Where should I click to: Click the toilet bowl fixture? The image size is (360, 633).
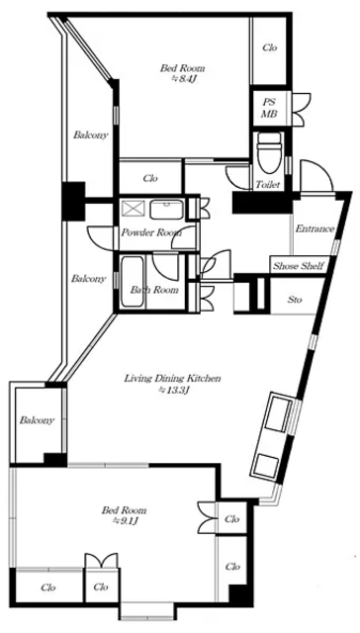point(269,152)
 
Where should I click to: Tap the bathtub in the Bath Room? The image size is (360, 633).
point(132,282)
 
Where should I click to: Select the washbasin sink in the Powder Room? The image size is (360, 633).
point(167,210)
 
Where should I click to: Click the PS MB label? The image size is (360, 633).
point(269,108)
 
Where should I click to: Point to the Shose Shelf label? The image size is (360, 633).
point(299,266)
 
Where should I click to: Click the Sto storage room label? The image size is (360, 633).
point(295,300)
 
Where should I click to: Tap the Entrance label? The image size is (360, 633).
point(315,228)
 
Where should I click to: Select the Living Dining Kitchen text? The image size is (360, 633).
point(172,379)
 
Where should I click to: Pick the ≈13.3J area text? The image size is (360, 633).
point(173,391)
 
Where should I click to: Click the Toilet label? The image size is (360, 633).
point(268,185)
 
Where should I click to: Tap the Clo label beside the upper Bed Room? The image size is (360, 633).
point(270,47)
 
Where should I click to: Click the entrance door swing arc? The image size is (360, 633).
point(318,169)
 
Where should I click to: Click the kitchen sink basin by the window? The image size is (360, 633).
point(278,413)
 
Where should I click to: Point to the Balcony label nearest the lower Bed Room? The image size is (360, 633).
point(37,420)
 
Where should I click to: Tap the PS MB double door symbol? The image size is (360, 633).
point(301,108)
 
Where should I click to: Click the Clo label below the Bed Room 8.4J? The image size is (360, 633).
point(150,178)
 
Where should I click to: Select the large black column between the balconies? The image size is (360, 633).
point(73,201)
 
